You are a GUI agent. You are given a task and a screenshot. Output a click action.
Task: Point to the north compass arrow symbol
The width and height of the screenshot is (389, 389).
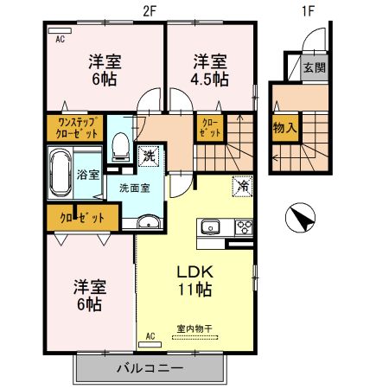tap(299, 217)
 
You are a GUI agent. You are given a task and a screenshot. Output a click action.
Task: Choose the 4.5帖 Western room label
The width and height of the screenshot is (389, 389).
tap(210, 70)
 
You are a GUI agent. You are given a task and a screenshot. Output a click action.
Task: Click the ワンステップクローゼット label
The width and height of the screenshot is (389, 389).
tap(73, 130)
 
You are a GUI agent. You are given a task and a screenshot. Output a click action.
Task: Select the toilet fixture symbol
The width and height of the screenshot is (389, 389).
tap(122, 144)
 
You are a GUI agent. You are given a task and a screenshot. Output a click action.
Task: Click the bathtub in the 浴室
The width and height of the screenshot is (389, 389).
tap(61, 173)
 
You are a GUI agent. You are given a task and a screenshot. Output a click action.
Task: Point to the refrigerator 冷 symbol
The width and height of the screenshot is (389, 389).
tap(243, 185)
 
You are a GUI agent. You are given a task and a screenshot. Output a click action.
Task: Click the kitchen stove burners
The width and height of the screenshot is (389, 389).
tap(242, 228)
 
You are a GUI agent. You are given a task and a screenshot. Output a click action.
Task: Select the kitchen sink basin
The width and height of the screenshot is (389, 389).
tap(210, 228)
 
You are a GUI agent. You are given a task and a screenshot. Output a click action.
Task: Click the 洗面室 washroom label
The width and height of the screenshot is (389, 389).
tap(134, 188)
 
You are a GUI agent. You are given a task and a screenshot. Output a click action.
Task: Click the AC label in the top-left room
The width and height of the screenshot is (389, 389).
tap(61, 39)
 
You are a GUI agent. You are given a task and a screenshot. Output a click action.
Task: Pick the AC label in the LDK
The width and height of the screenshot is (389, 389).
tap(149, 335)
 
